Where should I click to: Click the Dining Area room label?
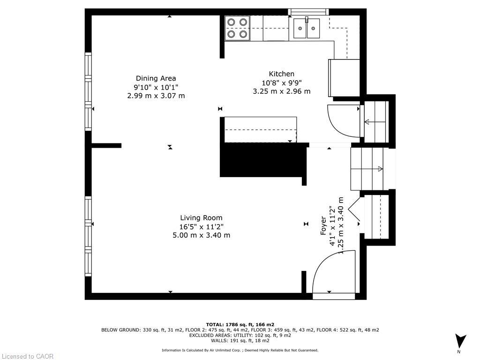156,78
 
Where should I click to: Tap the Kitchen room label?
281,74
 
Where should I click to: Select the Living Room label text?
201,218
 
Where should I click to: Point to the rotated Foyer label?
323,225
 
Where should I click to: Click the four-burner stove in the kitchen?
237,28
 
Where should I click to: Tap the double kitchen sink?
307,28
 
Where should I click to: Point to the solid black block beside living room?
262,160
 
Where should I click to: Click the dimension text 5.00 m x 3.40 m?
201,235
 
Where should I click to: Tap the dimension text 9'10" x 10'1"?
156,87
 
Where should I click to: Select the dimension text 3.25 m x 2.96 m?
281,91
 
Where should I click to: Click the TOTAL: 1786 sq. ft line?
240,324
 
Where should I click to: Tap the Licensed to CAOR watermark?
27,356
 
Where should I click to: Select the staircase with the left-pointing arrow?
375,122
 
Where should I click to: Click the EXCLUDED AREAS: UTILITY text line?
240,336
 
